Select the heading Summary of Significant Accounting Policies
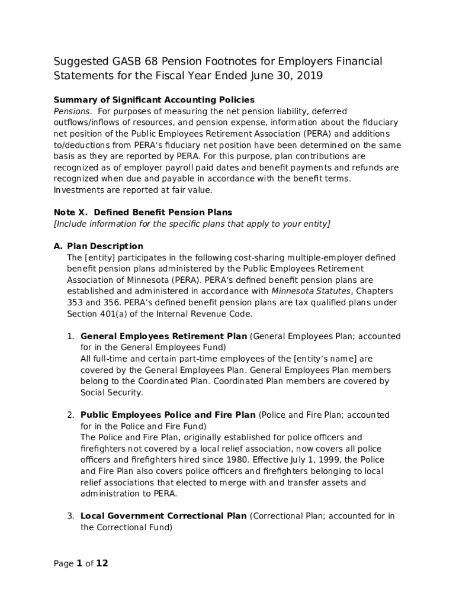point(154,99)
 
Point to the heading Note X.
point(69,212)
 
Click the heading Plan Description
point(105,246)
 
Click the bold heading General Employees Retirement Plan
point(164,336)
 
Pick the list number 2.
point(70,415)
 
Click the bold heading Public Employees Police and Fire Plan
point(168,415)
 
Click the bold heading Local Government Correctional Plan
point(163,516)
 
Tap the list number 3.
point(70,516)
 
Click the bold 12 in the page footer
point(102,563)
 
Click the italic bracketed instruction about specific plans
point(192,224)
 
